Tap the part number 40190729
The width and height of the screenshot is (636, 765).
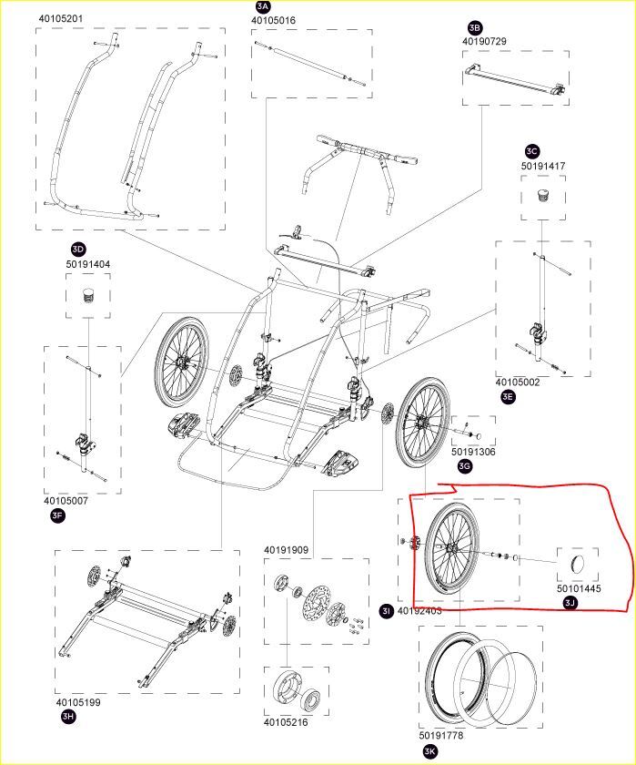[484, 42]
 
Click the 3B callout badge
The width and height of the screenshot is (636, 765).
[474, 28]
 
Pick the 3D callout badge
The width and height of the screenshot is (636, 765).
[78, 249]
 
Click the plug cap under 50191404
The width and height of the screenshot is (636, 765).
[88, 296]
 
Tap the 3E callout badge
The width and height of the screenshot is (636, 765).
[508, 396]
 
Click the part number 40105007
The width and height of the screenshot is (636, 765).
[66, 501]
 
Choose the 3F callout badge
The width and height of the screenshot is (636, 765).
[57, 516]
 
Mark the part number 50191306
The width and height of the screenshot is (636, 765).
[474, 452]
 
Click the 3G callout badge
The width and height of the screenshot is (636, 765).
[465, 466]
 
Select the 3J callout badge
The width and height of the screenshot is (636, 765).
[570, 602]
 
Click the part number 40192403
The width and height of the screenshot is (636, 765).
[419, 610]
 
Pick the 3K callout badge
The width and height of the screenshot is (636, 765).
[429, 751]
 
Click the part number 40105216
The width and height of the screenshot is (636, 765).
[286, 723]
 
